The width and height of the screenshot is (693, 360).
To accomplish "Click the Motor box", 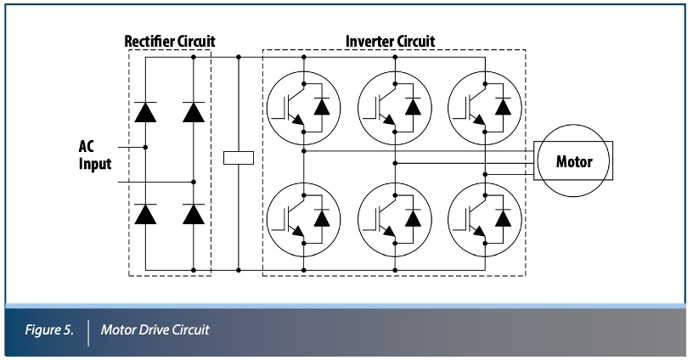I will point(574,160).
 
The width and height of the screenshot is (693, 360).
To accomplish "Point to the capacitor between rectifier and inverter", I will point(239,157).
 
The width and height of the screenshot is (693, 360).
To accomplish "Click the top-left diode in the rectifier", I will point(146,110).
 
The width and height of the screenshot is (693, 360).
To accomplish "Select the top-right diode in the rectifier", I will point(194,110).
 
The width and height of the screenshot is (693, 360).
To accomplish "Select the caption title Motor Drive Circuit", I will point(155,329).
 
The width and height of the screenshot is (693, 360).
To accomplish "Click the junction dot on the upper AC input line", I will point(146,147).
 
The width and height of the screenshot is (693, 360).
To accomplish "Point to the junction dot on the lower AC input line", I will point(194,181).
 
